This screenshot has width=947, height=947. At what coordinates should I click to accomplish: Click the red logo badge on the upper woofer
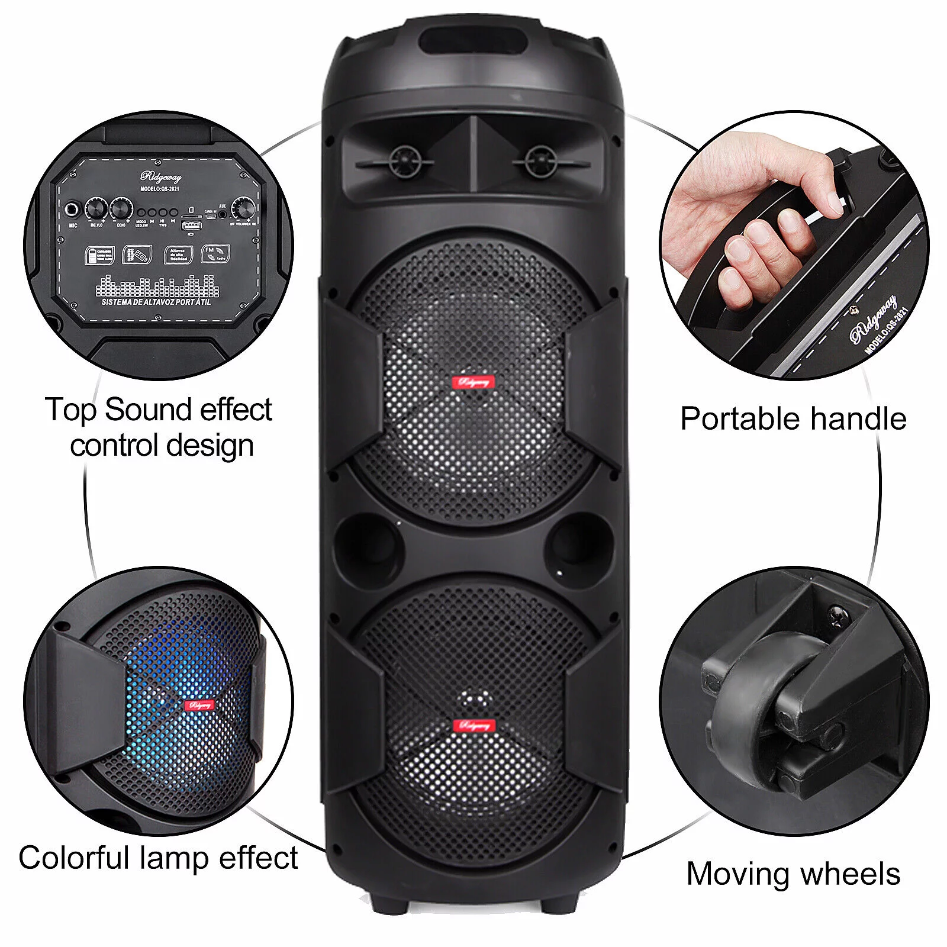473,382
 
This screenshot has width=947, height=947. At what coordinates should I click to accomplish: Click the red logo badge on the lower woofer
474,726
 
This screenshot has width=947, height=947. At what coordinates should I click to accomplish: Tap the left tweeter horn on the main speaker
405,160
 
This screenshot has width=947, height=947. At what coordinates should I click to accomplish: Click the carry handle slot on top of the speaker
473,42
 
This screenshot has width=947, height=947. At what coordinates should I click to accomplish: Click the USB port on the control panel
191,225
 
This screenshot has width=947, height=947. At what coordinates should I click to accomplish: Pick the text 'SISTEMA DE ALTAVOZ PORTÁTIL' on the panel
156,302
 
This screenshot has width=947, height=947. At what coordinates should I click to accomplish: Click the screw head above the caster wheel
839,616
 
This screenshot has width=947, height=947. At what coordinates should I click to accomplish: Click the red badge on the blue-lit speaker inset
199,705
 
